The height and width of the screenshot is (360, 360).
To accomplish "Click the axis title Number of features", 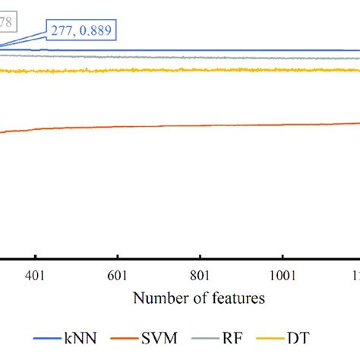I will pos(199,298).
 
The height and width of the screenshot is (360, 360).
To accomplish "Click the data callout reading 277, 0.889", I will pos(83,30).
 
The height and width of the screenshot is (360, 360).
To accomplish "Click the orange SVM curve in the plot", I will pos(190,125).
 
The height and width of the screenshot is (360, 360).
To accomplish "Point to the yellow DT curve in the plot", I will pos(190,71).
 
